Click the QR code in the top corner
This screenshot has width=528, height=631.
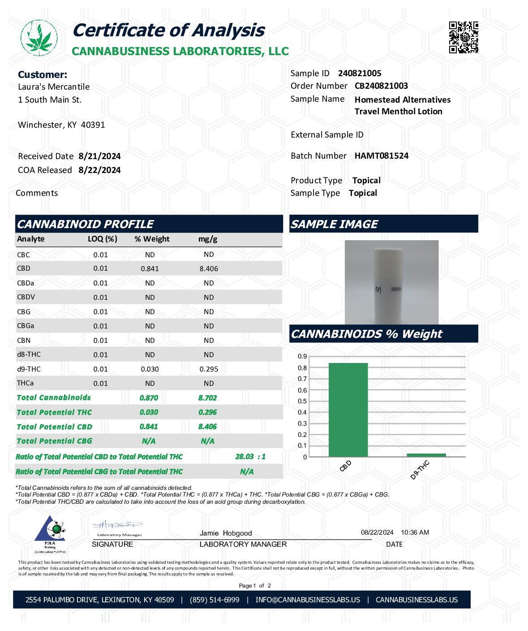[x=464, y=37]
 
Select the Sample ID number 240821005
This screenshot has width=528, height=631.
[x=360, y=73]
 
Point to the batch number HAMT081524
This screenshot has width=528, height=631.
[x=382, y=156]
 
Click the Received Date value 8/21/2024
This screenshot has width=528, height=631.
[x=99, y=156]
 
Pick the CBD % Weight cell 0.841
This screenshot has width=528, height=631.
[x=150, y=269]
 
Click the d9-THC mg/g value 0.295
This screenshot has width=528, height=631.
[x=209, y=369]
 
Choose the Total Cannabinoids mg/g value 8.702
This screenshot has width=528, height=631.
[x=207, y=398]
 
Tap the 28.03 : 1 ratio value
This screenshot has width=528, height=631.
[x=250, y=457]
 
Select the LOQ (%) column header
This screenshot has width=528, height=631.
[x=103, y=239]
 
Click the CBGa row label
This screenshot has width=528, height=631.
[x=26, y=326]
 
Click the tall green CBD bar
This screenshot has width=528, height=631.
[x=348, y=410]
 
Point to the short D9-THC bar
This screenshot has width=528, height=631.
[x=426, y=455]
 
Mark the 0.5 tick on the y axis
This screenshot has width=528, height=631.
[x=302, y=402]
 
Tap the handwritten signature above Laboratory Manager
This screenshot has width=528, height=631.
[x=117, y=525]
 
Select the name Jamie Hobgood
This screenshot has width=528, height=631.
[x=226, y=533]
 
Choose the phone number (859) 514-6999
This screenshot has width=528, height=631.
[x=215, y=600]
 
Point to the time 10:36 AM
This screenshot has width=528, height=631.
[x=415, y=533]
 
